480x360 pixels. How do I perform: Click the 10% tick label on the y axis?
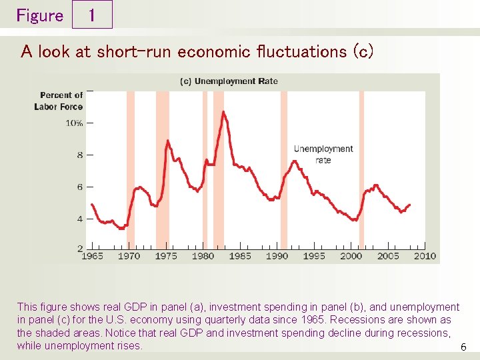point(74,123)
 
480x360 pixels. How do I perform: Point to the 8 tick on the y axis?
point(80,155)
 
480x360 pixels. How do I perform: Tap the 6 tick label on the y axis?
point(80,187)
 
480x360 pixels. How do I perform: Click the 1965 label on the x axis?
point(92,256)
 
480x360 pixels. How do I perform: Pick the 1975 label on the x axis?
point(166,256)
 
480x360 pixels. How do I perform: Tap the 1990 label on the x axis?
point(277,256)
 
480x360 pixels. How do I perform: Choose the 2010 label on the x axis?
point(425,256)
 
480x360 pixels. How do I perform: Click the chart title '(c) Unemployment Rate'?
point(229,81)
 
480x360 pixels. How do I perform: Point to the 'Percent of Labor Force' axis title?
point(59,101)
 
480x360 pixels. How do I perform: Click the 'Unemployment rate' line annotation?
point(323,154)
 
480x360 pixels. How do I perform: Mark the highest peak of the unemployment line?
point(223,111)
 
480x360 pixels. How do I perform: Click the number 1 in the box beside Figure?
point(91,15)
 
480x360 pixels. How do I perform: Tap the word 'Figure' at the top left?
point(39,15)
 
